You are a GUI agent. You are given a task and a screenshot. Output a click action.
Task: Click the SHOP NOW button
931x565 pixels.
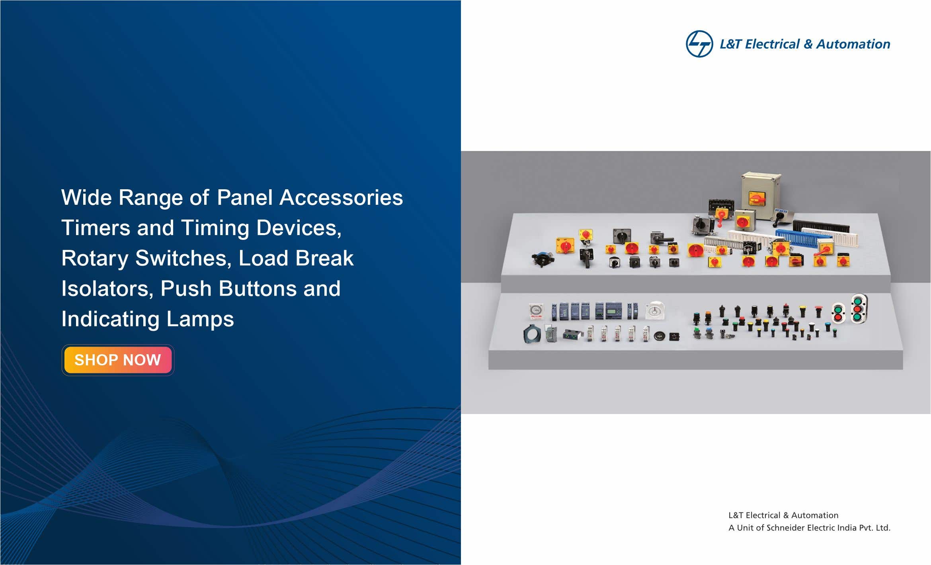click(x=118, y=360)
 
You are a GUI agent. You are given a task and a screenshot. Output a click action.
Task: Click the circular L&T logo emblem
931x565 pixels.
click(x=699, y=44)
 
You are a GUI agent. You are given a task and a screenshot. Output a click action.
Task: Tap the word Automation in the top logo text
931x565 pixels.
click(x=853, y=44)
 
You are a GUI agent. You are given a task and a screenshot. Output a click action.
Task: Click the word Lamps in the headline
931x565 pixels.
click(x=200, y=320)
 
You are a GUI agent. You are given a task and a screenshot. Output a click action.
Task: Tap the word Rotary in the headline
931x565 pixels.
click(x=95, y=259)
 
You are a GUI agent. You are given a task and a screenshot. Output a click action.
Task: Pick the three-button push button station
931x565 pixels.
click(x=859, y=308)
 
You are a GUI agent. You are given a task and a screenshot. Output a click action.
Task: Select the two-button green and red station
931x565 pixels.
click(x=838, y=313)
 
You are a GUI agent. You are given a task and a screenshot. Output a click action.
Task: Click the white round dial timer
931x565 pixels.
click(x=655, y=310)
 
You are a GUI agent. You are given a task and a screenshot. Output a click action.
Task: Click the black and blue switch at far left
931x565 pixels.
click(x=542, y=259)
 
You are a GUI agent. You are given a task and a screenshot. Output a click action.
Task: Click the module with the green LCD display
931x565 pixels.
click(x=613, y=311)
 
